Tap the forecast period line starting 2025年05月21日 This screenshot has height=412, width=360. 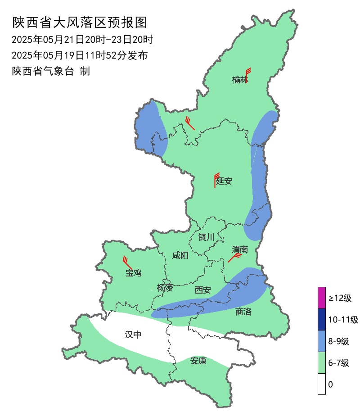point(82,40)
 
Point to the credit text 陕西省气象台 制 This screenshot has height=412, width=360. point(51,71)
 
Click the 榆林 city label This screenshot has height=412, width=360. point(240,80)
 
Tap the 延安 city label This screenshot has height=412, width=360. point(224,181)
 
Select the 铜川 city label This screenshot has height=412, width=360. point(207,237)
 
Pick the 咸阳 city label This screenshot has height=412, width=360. point(180,256)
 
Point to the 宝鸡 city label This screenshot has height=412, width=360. point(134,272)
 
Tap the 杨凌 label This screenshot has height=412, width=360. point(165,288)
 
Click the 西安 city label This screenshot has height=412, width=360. point(202,290)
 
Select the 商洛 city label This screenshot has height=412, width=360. point(243,312)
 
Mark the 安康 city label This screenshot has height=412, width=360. point(198,361)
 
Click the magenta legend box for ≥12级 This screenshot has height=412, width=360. point(322,298)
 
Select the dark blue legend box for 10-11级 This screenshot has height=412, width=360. point(322,319)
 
